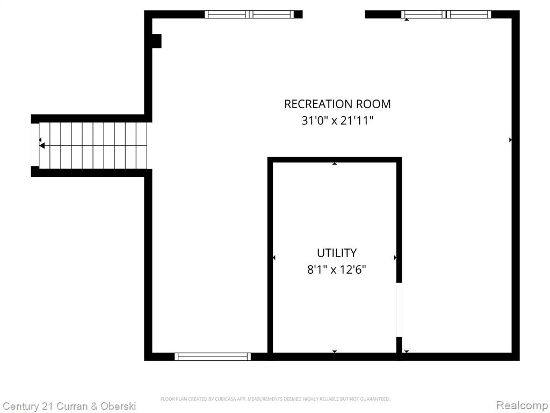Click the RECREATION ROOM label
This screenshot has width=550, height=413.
pyautogui.click(x=337, y=104)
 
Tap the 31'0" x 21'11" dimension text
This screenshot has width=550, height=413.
pyautogui.click(x=337, y=121)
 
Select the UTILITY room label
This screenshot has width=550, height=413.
pyautogui.click(x=337, y=253)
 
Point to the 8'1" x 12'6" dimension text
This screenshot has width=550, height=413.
pyautogui.click(x=337, y=270)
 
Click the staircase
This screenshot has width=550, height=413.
pyautogui.click(x=93, y=145)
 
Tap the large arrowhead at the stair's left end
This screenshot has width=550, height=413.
pyautogui.click(x=42, y=145)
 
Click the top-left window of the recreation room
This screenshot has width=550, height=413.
pyautogui.click(x=249, y=14)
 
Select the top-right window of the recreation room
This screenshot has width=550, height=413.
pyautogui.click(x=446, y=14)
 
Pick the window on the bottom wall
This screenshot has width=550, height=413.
pyautogui.click(x=213, y=357)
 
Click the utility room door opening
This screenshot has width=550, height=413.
pyautogui.click(x=399, y=310)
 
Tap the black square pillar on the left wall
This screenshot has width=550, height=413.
pyautogui.click(x=156, y=41)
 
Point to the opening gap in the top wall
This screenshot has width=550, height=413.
pyautogui.click(x=334, y=14)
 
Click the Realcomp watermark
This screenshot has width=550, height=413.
pyautogui.click(x=523, y=405)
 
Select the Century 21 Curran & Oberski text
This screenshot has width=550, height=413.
pyautogui.click(x=69, y=407)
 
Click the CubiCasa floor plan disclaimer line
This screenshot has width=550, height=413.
pyautogui.click(x=275, y=399)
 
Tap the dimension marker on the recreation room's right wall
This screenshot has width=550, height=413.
pyautogui.click(x=510, y=140)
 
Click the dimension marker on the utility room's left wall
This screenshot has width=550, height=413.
pyautogui.click(x=274, y=258)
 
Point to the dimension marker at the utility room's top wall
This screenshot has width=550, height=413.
pyautogui.click(x=335, y=163)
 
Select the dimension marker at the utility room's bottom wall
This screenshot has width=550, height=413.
pyautogui.click(x=335, y=352)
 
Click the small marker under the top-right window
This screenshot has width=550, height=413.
pyautogui.click(x=407, y=20)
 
